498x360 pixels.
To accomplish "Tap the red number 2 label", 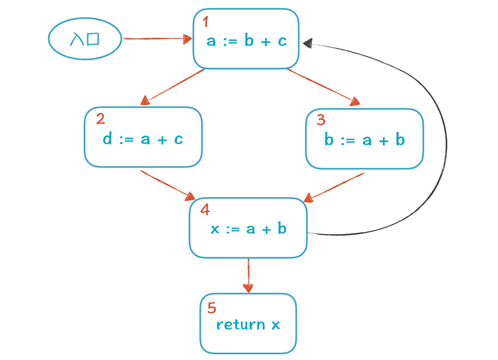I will pyautogui.click(x=100, y=119).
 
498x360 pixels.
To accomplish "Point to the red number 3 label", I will pyautogui.click(x=321, y=119).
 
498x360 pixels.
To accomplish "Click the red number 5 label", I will pyautogui.click(x=212, y=308).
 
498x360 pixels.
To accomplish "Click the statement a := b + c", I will pyautogui.click(x=246, y=41).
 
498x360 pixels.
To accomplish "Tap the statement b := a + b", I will pyautogui.click(x=365, y=140).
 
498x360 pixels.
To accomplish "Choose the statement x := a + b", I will pyautogui.click(x=249, y=229).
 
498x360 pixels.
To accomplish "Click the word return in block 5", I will pyautogui.click(x=241, y=325).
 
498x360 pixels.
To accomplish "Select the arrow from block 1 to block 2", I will pyautogui.click(x=174, y=87).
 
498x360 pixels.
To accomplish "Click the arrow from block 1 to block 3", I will pyautogui.click(x=323, y=87).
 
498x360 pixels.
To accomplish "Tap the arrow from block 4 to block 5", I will pyautogui.click(x=249, y=275).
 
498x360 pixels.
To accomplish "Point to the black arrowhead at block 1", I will pyautogui.click(x=307, y=42).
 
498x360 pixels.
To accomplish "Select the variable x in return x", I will pyautogui.click(x=276, y=325).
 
